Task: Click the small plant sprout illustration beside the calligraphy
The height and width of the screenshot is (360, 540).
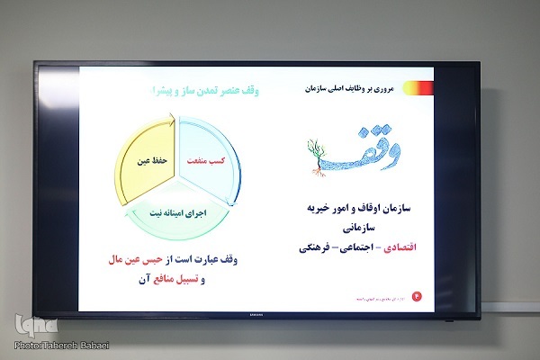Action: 315,152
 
